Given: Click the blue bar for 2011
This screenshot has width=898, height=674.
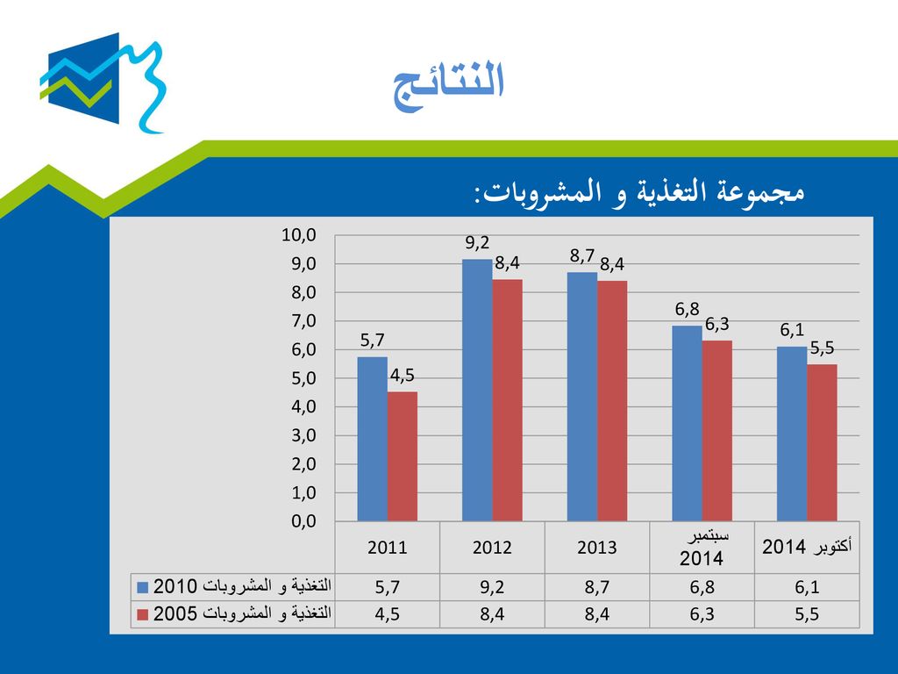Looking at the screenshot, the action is pos(372,439).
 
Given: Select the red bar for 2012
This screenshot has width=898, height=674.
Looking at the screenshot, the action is pos(508,400).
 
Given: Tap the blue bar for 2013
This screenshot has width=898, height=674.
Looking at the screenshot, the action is pos(582,397).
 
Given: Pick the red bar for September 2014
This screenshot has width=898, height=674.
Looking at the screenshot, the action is pos(717,431).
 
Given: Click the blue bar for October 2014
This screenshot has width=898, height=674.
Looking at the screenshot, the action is pos(792,434).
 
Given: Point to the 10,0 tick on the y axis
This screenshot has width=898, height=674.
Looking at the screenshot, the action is pos(299,235).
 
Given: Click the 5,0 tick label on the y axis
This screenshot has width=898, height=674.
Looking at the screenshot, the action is pos(303,378).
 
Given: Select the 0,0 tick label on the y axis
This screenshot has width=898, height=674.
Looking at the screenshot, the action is pos(303,521).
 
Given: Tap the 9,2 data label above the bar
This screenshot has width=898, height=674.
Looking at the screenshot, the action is pos(477,243).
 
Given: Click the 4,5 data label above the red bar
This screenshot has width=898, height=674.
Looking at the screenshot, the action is pos(402,376).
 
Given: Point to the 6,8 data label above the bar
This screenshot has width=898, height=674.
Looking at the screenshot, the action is pos(687,310).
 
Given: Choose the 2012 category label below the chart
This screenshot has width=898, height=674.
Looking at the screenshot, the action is pos(492,548).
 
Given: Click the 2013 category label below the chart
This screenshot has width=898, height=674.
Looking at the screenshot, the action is pos(596,548).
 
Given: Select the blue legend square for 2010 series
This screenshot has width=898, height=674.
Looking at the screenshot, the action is pos(143,587).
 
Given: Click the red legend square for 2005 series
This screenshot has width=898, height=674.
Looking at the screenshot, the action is pos(143,615).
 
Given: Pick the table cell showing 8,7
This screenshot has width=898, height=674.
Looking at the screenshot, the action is pos(596,587).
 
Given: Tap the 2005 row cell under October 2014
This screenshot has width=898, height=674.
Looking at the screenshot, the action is pos(807,614).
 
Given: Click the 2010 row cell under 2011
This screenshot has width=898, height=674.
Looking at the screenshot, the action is pos(387,587).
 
